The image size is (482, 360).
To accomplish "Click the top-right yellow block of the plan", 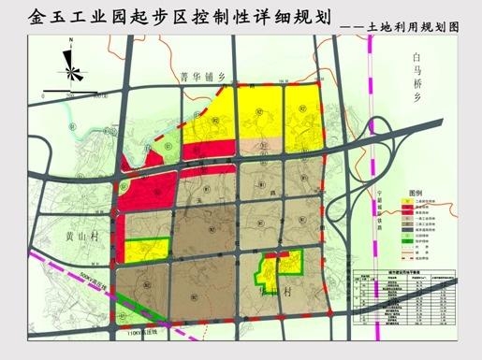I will coord(303,111).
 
